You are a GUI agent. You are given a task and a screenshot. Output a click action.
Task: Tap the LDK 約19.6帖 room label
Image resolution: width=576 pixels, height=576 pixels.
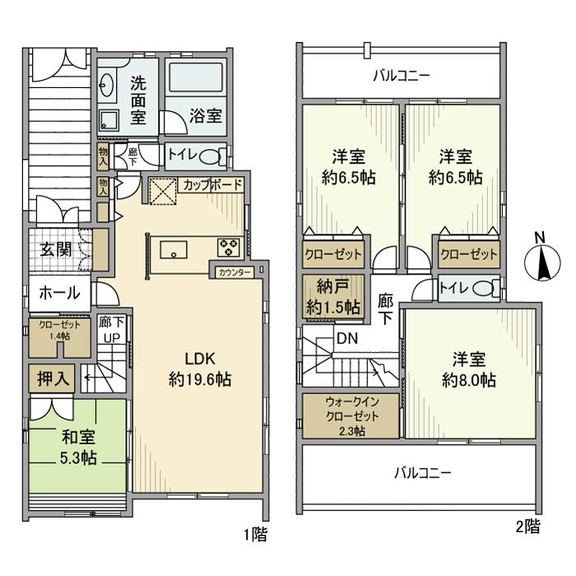(199, 369)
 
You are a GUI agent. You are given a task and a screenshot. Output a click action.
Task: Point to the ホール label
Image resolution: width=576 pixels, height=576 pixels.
(58, 293)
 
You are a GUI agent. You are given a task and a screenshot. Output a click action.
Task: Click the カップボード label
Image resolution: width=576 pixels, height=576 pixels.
(212, 185)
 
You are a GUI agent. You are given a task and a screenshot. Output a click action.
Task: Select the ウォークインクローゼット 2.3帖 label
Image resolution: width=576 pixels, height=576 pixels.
(351, 416)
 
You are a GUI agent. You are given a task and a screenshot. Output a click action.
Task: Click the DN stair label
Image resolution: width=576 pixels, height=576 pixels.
(346, 338)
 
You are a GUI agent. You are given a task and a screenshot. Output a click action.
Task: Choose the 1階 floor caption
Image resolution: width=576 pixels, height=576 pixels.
(255, 535)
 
